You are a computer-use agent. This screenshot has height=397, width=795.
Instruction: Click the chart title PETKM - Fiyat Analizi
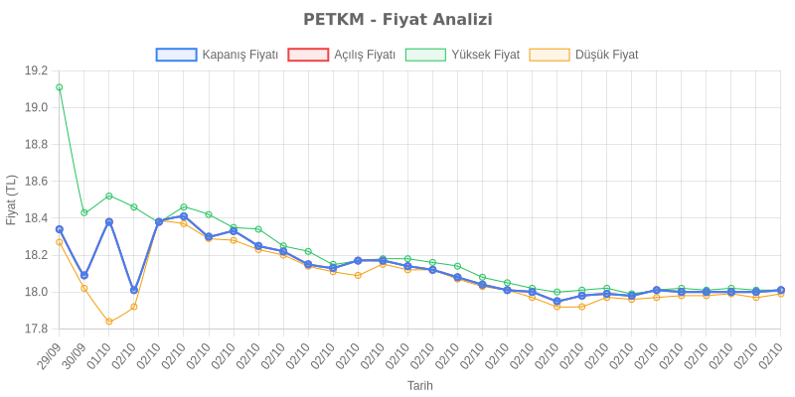(397, 20)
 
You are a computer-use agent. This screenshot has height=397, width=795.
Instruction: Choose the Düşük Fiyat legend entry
(584, 55)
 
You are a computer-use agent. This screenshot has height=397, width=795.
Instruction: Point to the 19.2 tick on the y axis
(36, 70)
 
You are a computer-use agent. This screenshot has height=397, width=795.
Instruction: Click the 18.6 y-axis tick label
(36, 181)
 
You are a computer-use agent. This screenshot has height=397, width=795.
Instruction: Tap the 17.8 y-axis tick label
(36, 329)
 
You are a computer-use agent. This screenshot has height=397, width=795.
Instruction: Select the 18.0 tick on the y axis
(36, 292)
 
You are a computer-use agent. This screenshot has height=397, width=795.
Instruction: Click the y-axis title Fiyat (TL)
(12, 199)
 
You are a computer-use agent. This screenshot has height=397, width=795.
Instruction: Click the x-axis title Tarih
(419, 385)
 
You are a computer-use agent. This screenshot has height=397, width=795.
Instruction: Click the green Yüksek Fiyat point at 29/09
(60, 87)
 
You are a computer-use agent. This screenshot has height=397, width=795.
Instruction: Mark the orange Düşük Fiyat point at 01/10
(109, 322)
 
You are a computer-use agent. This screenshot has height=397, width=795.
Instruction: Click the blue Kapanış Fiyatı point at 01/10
(109, 221)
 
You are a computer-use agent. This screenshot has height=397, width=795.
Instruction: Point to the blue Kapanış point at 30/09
(84, 275)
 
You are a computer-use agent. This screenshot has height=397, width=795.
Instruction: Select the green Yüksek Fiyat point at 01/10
(109, 196)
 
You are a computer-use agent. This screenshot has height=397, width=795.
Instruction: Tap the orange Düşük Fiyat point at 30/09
(84, 288)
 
